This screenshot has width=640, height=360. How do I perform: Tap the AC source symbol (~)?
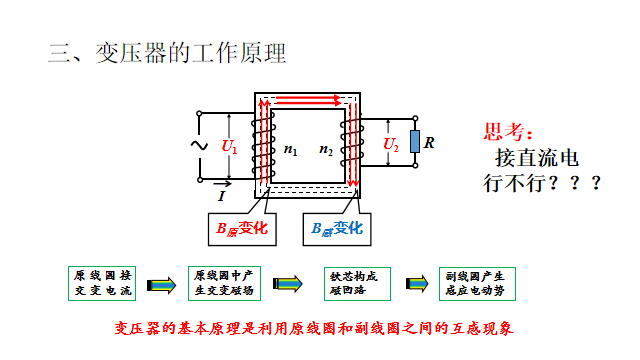click(198, 146)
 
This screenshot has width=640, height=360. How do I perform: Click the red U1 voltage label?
click(230, 147)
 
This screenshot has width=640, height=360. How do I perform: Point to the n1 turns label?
click(290, 150)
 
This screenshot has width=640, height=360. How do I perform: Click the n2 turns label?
click(326, 150)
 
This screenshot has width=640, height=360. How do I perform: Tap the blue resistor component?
click(413, 146)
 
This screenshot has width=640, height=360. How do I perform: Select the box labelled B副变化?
click(335, 229)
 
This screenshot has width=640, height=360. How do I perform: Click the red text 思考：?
click(509, 132)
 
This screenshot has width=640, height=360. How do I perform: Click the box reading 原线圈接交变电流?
click(103, 282)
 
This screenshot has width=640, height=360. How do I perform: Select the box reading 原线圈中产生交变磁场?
click(225, 282)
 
